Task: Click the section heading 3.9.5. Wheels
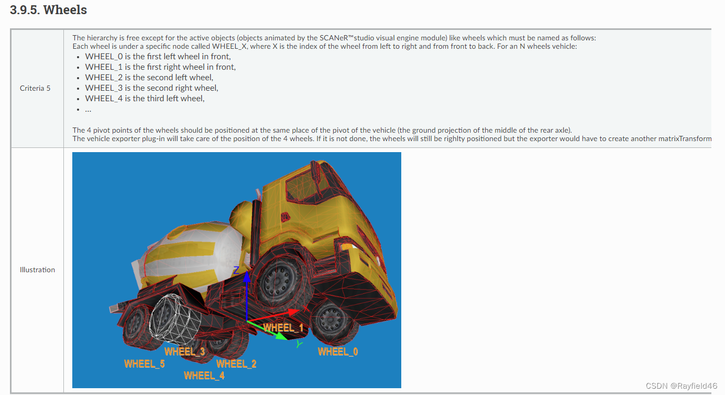48,10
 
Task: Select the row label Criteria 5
35,88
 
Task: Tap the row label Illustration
37,270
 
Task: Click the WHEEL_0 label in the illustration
338,351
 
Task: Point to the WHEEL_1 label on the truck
283,328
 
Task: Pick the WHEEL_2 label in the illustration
236,364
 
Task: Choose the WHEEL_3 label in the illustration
185,351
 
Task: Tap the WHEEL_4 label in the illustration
204,376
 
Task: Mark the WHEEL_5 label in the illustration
145,364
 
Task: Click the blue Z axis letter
236,270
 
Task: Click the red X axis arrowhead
293,312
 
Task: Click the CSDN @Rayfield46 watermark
682,386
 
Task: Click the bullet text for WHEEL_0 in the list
158,56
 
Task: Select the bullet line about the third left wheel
145,98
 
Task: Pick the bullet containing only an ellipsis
88,110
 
